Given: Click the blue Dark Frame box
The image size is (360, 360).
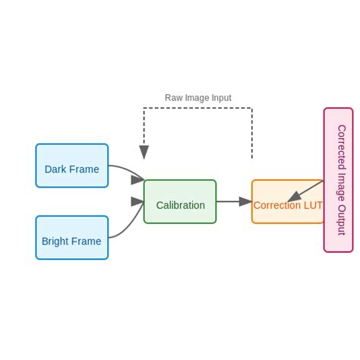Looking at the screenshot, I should [x=71, y=166].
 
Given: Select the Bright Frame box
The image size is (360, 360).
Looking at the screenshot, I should [x=71, y=238].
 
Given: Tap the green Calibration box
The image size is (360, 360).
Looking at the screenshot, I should [x=180, y=202].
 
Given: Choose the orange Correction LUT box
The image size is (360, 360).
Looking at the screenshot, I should [x=287, y=202].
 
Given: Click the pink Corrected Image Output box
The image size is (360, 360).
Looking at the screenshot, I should [x=338, y=180].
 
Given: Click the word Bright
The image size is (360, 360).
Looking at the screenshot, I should [x=56, y=242].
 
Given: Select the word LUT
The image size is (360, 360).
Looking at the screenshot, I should [x=313, y=205].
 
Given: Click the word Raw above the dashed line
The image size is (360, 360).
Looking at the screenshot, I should [x=174, y=98].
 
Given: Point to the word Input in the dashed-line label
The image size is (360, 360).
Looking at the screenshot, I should [x=219, y=98].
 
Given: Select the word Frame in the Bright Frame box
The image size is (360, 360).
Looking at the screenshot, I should [x=87, y=242].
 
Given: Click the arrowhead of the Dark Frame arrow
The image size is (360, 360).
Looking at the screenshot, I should [x=137, y=180].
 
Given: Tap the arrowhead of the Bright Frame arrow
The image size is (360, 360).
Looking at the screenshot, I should [x=137, y=202].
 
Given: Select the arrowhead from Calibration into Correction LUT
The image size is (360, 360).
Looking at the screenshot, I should [x=245, y=202].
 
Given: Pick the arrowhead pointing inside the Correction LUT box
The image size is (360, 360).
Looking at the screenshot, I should [x=293, y=197].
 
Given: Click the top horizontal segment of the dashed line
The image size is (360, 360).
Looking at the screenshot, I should [x=197, y=108].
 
